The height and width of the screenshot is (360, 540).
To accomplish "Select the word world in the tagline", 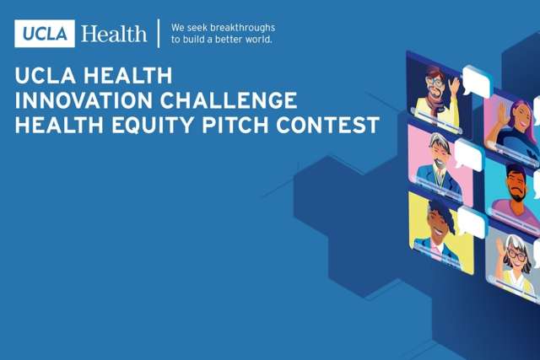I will coord(254,40).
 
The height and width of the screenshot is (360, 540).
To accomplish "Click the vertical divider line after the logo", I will coord(159,34).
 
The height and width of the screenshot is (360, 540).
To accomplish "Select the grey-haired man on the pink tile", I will coord(435,164).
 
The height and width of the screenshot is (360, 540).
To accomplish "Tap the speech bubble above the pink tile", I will coord(467,154).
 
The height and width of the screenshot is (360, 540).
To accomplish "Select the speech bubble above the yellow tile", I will coord(471,222).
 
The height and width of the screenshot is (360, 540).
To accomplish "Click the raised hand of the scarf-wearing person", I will coord(455,86).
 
